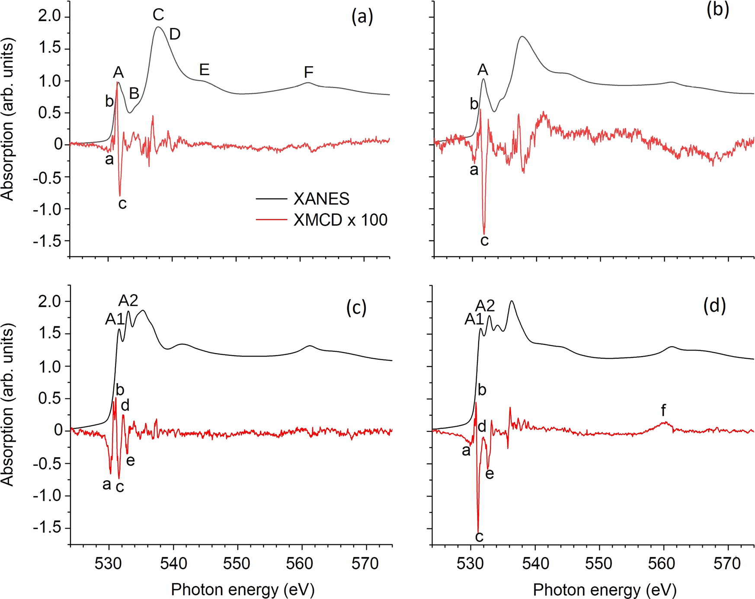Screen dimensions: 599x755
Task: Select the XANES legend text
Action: click(321, 199)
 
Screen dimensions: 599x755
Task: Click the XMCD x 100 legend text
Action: click(340, 220)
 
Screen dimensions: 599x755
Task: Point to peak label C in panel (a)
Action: click(158, 15)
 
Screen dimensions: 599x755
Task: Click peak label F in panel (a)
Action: click(308, 72)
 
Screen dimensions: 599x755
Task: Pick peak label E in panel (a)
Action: click(204, 70)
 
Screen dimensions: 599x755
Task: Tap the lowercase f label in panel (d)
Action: click(663, 410)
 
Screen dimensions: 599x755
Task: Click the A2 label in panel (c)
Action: click(128, 300)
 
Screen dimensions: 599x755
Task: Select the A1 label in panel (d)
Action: click(474, 319)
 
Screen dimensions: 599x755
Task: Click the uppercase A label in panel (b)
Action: click(483, 70)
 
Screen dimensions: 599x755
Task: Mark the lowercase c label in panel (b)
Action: click(484, 241)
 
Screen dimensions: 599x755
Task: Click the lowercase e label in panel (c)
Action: click(130, 461)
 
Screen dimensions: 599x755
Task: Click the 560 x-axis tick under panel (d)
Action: click(663, 564)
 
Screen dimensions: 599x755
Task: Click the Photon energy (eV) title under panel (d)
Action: click(604, 589)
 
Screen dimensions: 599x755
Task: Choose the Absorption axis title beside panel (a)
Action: click(8, 119)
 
